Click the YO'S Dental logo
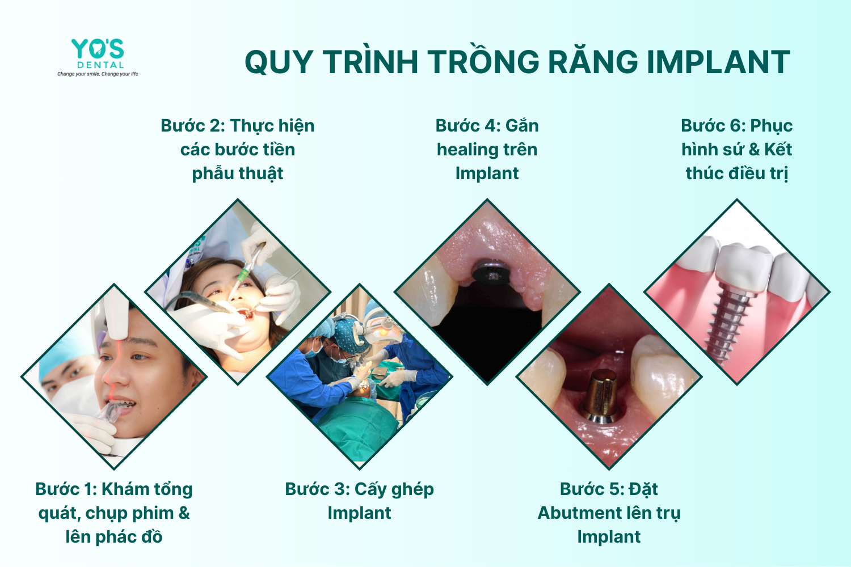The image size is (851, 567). point(98,57)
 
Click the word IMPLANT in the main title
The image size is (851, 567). point(718,62)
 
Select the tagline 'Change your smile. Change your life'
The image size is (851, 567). point(98,74)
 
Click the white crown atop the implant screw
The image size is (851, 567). point(744,266)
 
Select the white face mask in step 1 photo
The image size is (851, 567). point(74,395)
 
